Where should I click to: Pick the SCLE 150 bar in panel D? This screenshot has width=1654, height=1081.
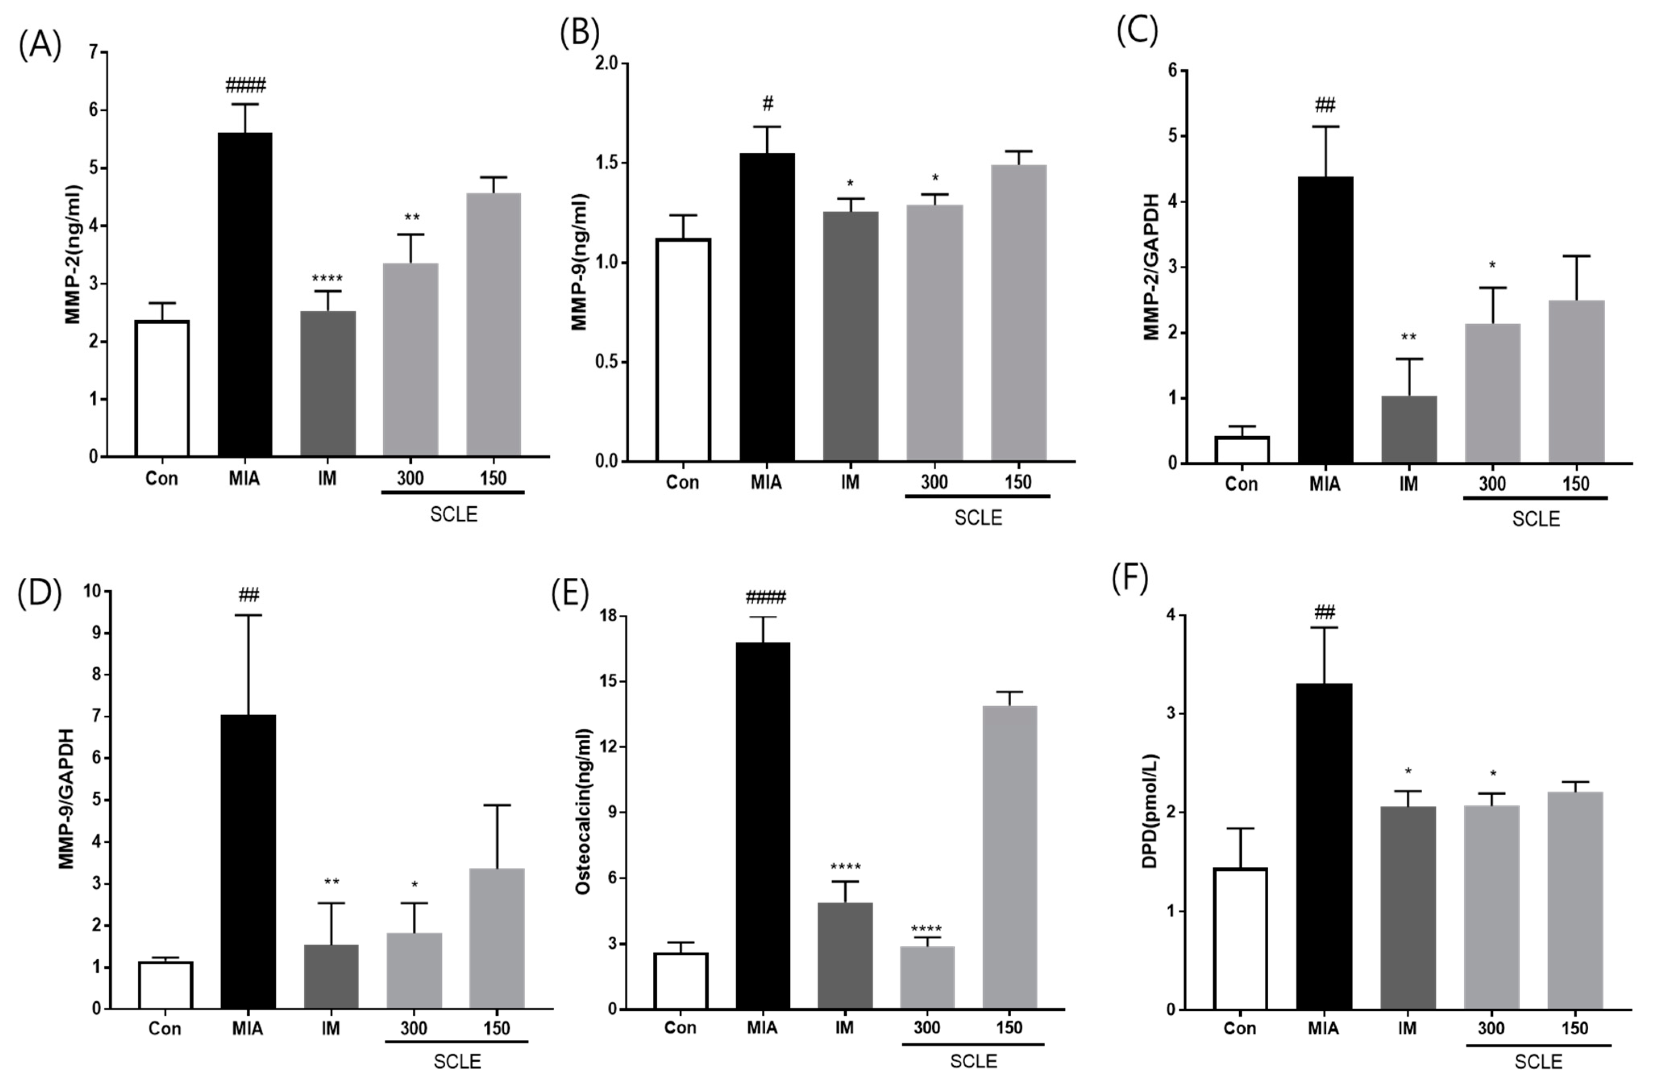(x=496, y=939)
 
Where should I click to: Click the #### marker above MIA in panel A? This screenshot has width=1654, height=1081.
(x=245, y=86)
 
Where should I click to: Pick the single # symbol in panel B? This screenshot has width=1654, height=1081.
(x=767, y=104)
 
